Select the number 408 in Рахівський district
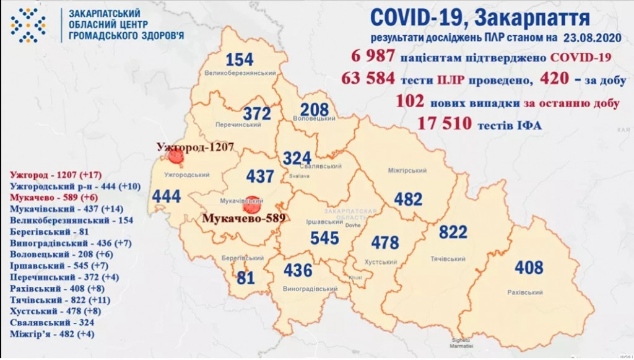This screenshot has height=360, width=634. (x=528, y=268)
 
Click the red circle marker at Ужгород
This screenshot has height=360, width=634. (x=175, y=159)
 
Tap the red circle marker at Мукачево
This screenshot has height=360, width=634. (x=251, y=202)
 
